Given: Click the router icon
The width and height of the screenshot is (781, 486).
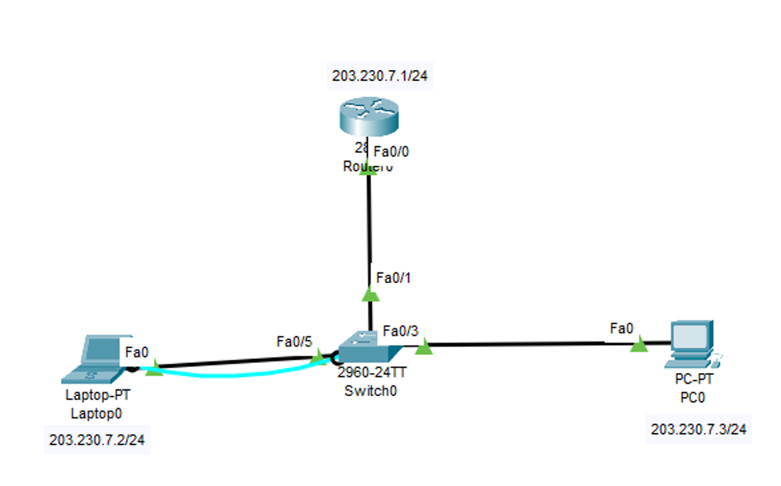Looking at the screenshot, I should (368, 119).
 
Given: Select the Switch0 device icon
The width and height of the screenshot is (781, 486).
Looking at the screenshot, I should (357, 346).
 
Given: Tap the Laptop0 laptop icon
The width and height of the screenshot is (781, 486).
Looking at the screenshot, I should (98, 358).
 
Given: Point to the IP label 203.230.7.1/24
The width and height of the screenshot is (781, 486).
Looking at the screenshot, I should (381, 78).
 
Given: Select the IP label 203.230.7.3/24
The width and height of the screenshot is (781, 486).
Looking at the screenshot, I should (699, 429).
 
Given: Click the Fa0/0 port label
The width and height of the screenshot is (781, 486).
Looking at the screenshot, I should (392, 152).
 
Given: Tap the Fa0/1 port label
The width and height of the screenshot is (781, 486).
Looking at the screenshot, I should (393, 277).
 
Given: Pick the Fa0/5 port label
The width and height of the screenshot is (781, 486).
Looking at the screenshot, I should (294, 341).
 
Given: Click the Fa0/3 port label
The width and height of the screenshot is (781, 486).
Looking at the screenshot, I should (401, 331).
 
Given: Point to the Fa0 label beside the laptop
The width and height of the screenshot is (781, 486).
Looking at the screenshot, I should (137, 352).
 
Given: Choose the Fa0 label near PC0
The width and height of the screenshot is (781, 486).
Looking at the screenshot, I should (622, 329).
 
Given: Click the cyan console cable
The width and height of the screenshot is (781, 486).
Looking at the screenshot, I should (239, 375).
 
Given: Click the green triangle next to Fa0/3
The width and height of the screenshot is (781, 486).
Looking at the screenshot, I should (423, 348).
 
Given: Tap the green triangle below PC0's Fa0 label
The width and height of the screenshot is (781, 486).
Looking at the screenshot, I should (638, 346).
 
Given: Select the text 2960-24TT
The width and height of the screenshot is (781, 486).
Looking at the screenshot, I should (371, 372).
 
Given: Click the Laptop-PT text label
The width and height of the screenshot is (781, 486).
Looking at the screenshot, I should (97, 394).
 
